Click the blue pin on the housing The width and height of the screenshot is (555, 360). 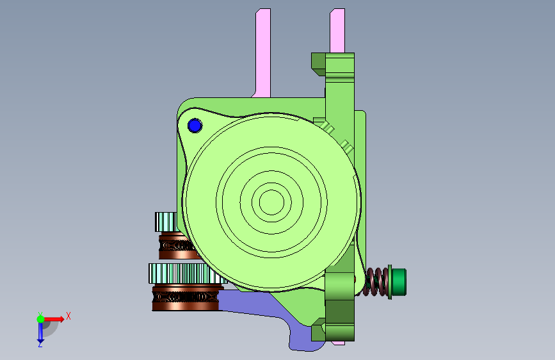point(195,126)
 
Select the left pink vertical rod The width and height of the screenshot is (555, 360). point(262,53)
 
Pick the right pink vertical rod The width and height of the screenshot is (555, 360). point(337,31)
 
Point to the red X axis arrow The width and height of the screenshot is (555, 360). point(54,319)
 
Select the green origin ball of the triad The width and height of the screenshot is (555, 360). point(40,319)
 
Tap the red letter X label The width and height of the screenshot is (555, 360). point(68,316)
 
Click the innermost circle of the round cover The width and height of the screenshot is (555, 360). point(271,202)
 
